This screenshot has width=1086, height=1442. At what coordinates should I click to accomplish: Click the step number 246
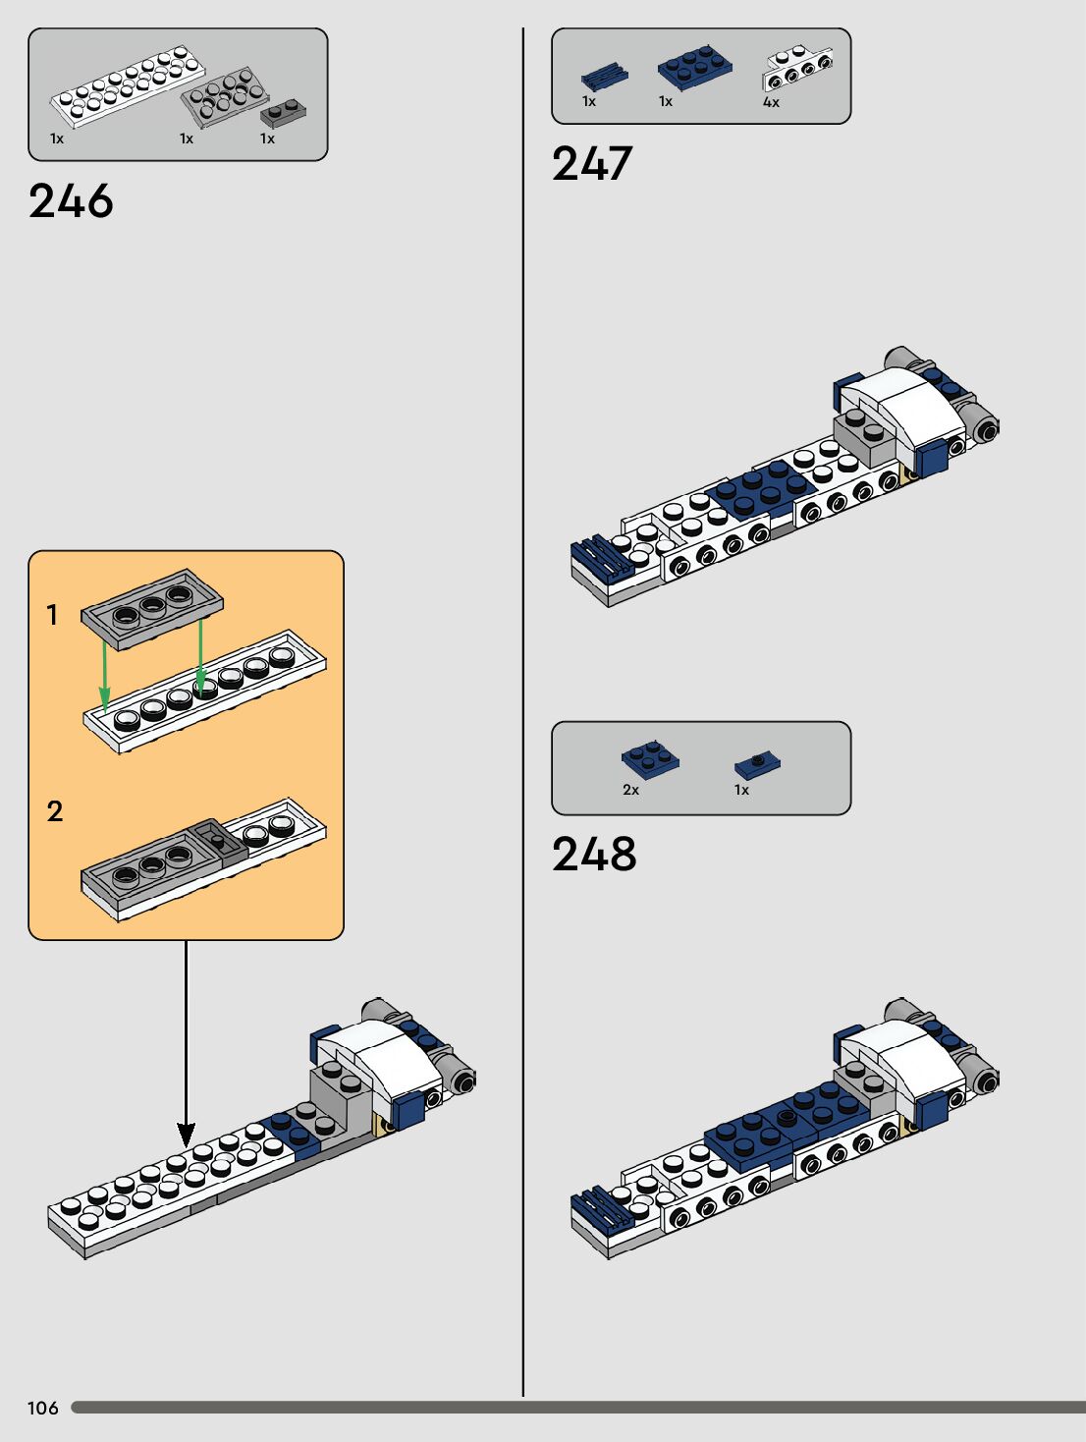[x=71, y=201]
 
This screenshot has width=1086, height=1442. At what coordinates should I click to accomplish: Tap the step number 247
[x=592, y=164]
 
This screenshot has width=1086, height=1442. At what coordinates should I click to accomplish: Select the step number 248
[x=594, y=855]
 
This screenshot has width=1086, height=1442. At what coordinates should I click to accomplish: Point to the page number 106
[x=43, y=1408]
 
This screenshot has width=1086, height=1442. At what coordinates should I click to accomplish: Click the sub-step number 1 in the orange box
[x=53, y=615]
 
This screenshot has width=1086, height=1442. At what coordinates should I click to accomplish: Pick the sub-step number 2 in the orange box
[x=55, y=811]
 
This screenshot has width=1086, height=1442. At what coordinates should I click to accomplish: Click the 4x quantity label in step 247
[x=771, y=102]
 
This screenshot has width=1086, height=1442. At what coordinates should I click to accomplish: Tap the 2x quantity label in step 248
[x=630, y=790]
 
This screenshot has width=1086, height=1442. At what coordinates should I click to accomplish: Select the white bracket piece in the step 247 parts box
[x=797, y=70]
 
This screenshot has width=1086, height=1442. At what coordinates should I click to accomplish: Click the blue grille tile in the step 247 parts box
[x=603, y=77]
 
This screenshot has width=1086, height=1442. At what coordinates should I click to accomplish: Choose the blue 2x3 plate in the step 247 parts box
[x=694, y=66]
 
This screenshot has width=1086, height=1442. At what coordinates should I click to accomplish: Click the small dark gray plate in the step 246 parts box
[x=283, y=113]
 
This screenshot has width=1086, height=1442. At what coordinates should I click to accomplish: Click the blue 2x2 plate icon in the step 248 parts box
[x=649, y=758]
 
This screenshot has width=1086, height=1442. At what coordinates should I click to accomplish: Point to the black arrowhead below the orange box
[x=186, y=1134]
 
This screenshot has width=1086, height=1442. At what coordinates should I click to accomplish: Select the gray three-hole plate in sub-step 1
[x=152, y=609]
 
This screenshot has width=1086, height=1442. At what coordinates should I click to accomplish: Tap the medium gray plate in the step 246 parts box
[x=224, y=98]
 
